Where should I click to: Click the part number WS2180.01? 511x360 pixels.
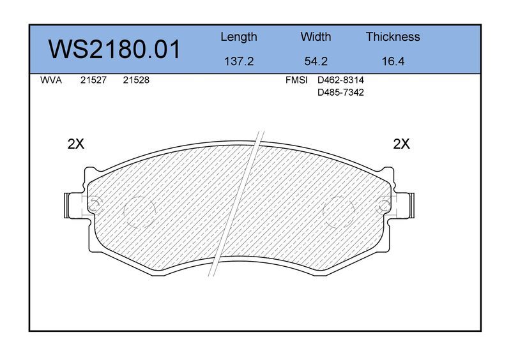click(114, 49)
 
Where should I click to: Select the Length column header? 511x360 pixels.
click(238, 37)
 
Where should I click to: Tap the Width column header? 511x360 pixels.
click(316, 36)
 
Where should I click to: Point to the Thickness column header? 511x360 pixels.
click(393, 36)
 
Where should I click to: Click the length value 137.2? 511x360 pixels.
click(239, 61)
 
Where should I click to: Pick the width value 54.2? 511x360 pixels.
click(316, 61)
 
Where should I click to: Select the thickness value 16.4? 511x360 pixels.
click(393, 61)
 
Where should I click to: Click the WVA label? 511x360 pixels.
click(51, 80)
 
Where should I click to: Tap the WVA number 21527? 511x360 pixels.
click(93, 80)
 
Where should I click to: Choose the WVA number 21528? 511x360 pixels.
click(136, 80)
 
